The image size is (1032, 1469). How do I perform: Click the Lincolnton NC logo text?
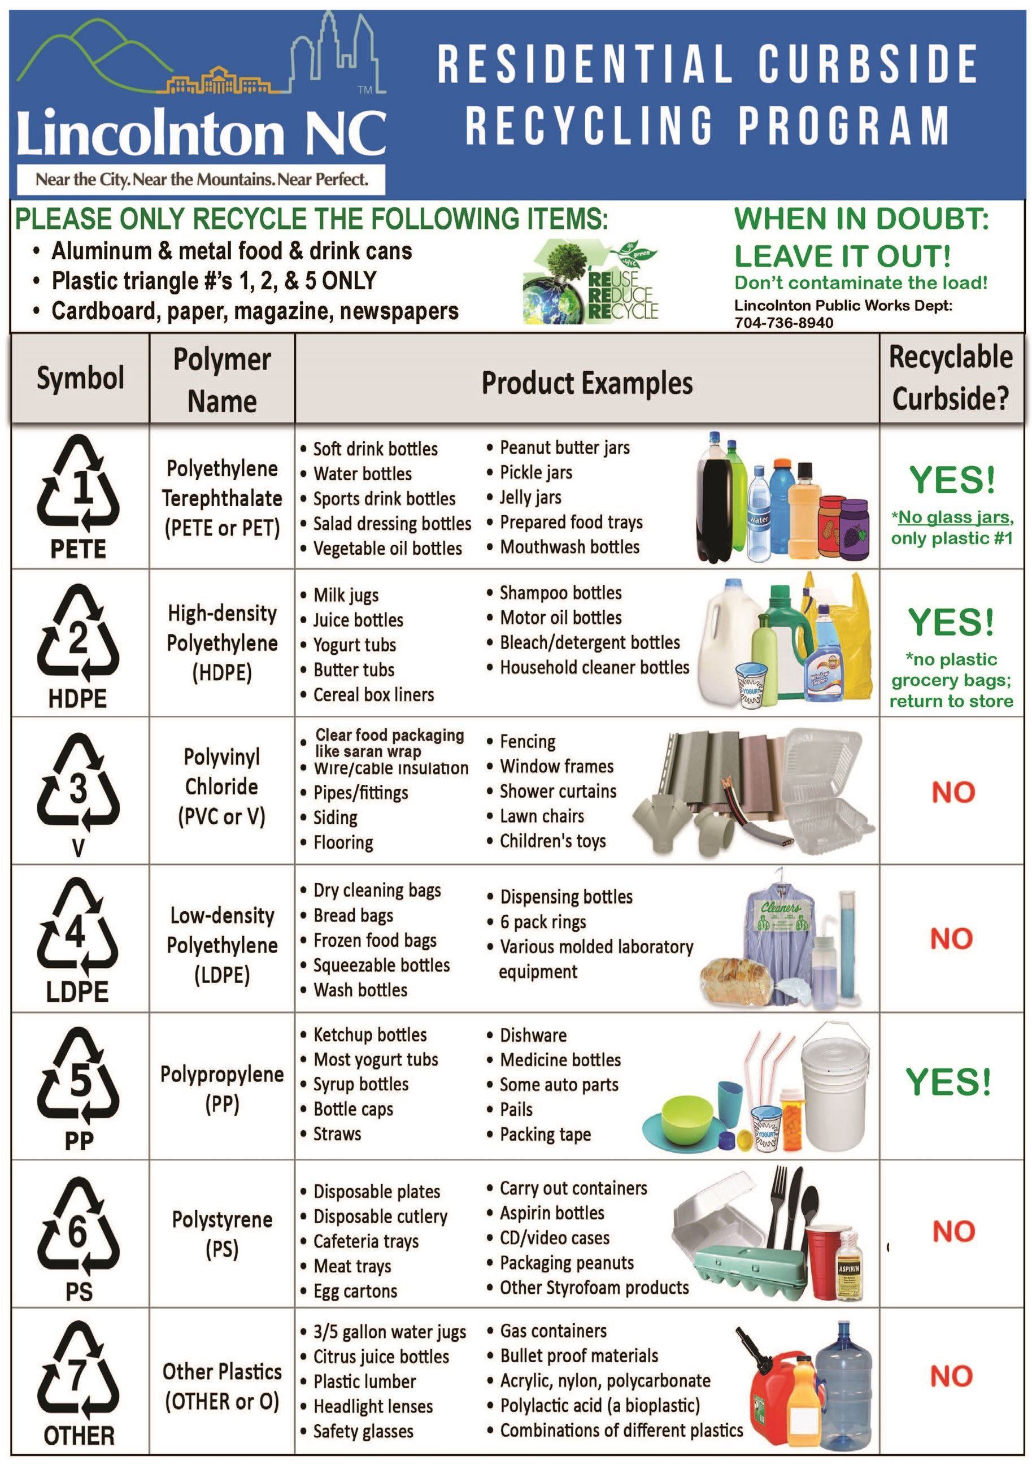tap(201, 132)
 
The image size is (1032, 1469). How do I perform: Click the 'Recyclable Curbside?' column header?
tap(950, 377)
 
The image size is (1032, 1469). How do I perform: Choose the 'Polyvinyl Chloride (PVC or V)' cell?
tap(221, 786)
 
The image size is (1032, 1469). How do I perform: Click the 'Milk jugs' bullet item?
tap(346, 595)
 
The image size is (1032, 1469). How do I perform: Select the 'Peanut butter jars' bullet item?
tap(564, 447)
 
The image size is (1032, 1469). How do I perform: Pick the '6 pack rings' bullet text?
tap(543, 922)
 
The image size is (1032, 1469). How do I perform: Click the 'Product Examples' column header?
tap(586, 383)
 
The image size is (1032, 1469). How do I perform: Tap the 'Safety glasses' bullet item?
tap(363, 1431)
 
